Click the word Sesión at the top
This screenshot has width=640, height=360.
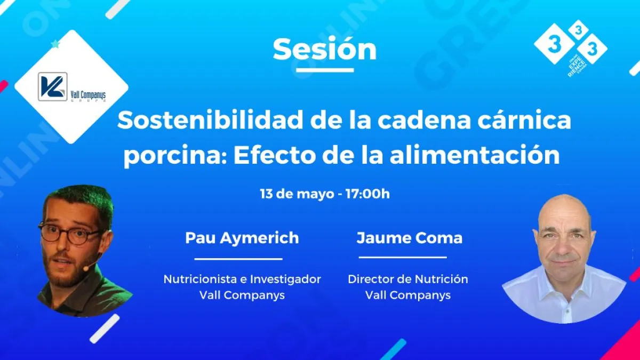point(325,50)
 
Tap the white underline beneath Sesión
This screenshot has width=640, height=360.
point(325,70)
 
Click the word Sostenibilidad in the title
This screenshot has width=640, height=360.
point(210,121)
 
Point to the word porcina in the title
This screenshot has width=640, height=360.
point(175,156)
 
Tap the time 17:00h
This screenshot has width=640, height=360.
point(367,194)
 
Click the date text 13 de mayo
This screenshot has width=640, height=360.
point(297,194)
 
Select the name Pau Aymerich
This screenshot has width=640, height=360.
point(242,238)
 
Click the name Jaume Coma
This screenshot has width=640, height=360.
point(410,238)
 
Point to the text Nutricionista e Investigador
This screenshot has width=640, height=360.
point(242,279)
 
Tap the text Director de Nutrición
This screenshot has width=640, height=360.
point(408,279)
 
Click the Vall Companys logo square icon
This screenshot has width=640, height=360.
point(53,86)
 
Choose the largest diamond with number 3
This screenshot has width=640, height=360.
point(554,44)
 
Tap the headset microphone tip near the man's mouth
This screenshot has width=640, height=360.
point(85,268)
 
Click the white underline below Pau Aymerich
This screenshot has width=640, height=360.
point(238,259)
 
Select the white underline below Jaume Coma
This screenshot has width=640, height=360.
point(403,257)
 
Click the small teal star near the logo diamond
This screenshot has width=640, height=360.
point(55,44)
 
